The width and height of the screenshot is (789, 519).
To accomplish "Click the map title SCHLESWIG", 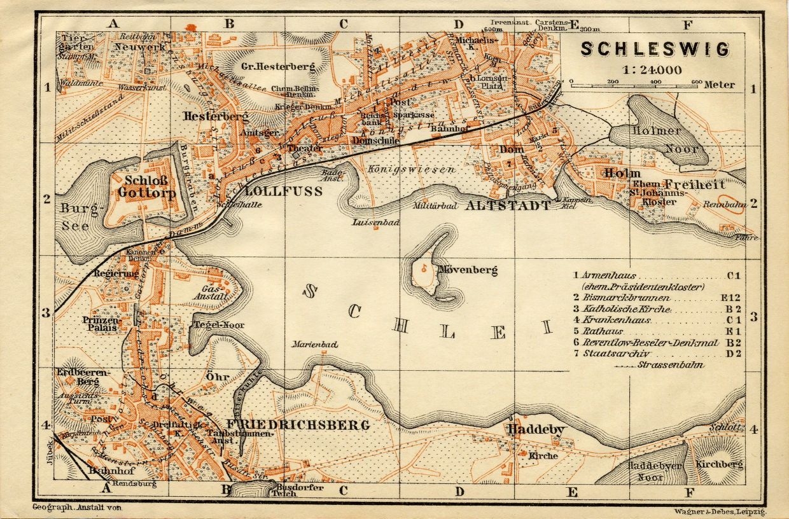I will click(655, 49).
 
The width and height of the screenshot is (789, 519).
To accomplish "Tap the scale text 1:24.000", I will click(655, 70).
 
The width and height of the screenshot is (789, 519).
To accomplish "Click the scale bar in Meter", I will click(635, 83).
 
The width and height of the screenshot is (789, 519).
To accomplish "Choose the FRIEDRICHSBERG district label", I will click(297, 425).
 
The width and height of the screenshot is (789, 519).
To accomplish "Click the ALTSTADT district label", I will click(508, 205).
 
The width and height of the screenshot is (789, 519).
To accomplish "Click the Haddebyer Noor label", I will click(655, 471).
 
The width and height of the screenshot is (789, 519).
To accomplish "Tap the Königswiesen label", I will click(411, 170).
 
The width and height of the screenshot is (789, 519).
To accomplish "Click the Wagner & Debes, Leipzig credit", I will click(719, 510).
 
